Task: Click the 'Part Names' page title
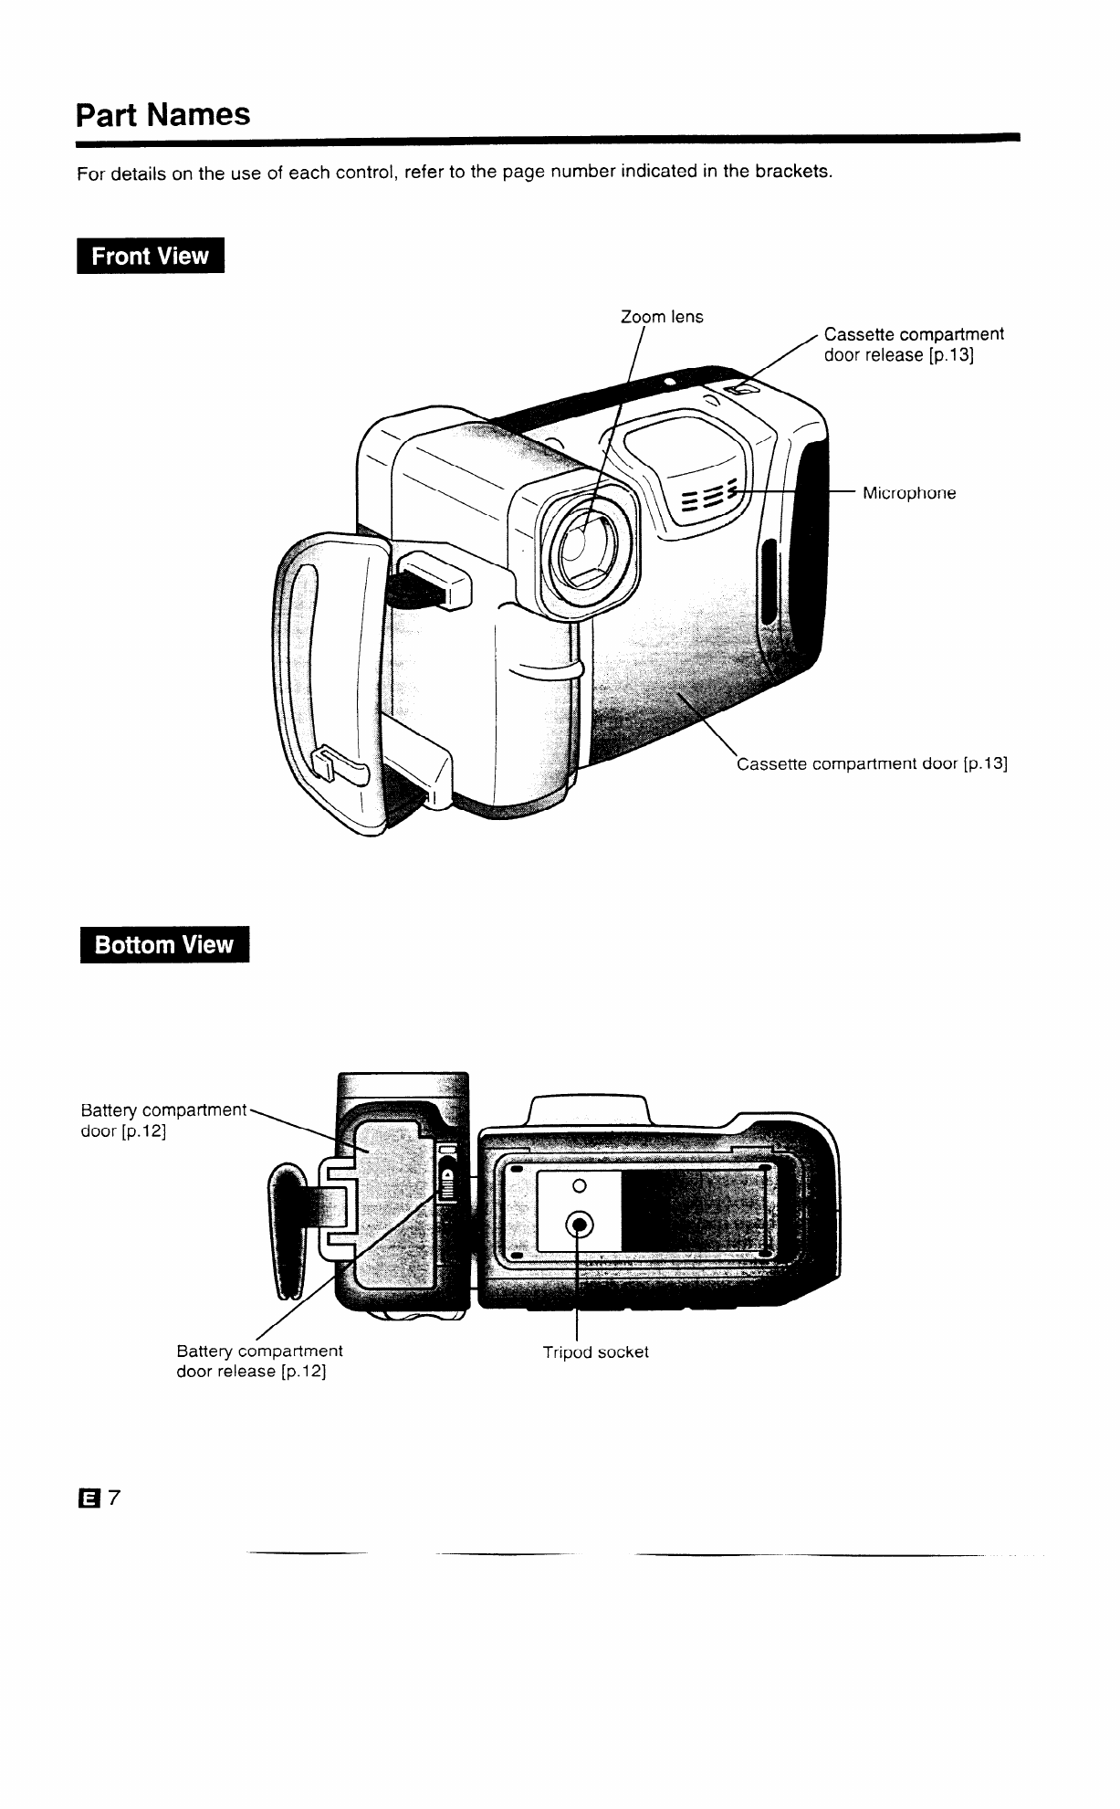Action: (162, 115)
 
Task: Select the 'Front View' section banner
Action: (151, 257)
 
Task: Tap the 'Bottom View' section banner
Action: (164, 944)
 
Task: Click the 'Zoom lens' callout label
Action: (662, 317)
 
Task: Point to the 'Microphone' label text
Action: (909, 493)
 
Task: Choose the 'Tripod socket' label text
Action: (595, 1351)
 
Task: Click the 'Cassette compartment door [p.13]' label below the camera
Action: (872, 763)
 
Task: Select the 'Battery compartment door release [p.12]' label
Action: (259, 1361)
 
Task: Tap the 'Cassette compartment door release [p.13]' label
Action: (913, 344)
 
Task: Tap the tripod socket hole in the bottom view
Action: (580, 1224)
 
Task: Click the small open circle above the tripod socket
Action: (577, 1186)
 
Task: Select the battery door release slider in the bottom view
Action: (447, 1183)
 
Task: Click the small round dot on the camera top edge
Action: (670, 380)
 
